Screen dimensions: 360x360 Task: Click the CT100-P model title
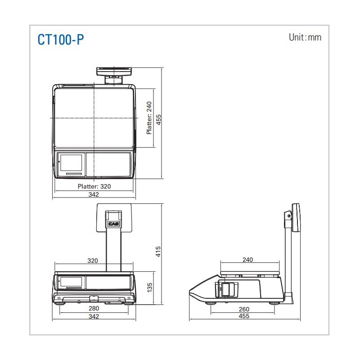[61, 40]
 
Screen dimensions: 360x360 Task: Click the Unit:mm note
[305, 37]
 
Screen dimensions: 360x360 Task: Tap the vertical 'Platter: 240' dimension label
[149, 118]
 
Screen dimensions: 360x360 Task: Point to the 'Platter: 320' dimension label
[94, 186]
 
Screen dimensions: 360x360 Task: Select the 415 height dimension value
[158, 252]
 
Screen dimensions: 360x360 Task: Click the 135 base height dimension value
[149, 288]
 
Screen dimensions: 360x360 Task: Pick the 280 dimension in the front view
[94, 308]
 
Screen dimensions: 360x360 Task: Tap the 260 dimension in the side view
[244, 309]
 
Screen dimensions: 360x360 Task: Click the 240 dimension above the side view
[248, 260]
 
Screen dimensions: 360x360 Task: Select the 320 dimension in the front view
[93, 261]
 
